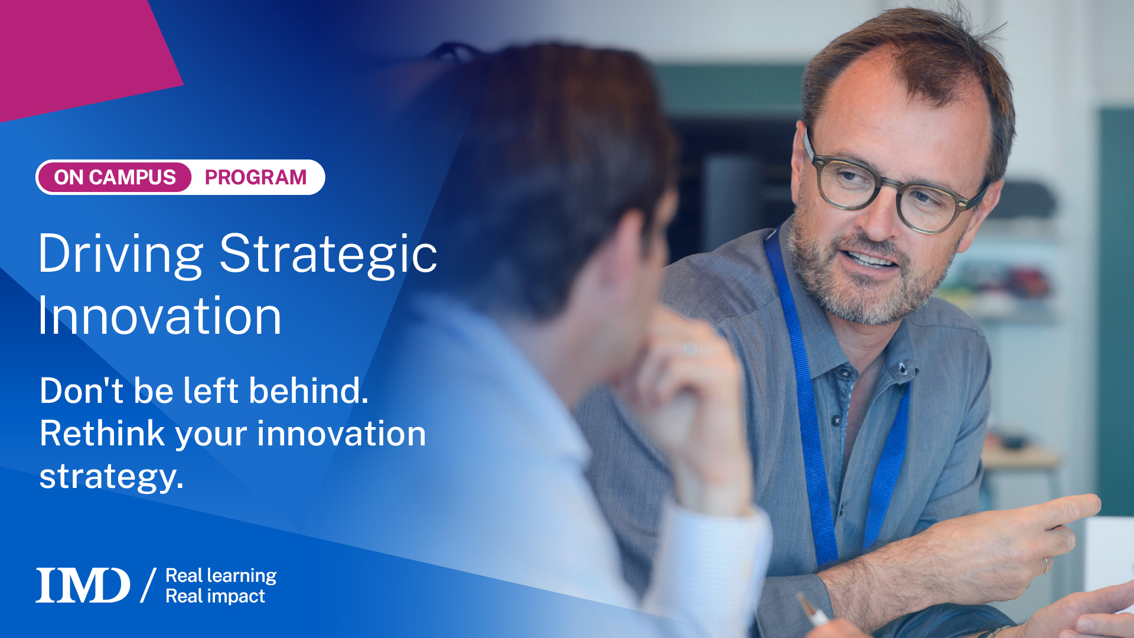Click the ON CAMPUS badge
115,177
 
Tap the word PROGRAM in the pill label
255,177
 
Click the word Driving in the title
121,254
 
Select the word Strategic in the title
328,254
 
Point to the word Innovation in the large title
159,317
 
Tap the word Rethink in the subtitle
102,434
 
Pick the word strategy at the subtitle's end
111,477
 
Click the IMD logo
83,585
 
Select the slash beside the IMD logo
148,585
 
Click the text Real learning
221,575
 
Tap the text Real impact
215,596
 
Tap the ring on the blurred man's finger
690,350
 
